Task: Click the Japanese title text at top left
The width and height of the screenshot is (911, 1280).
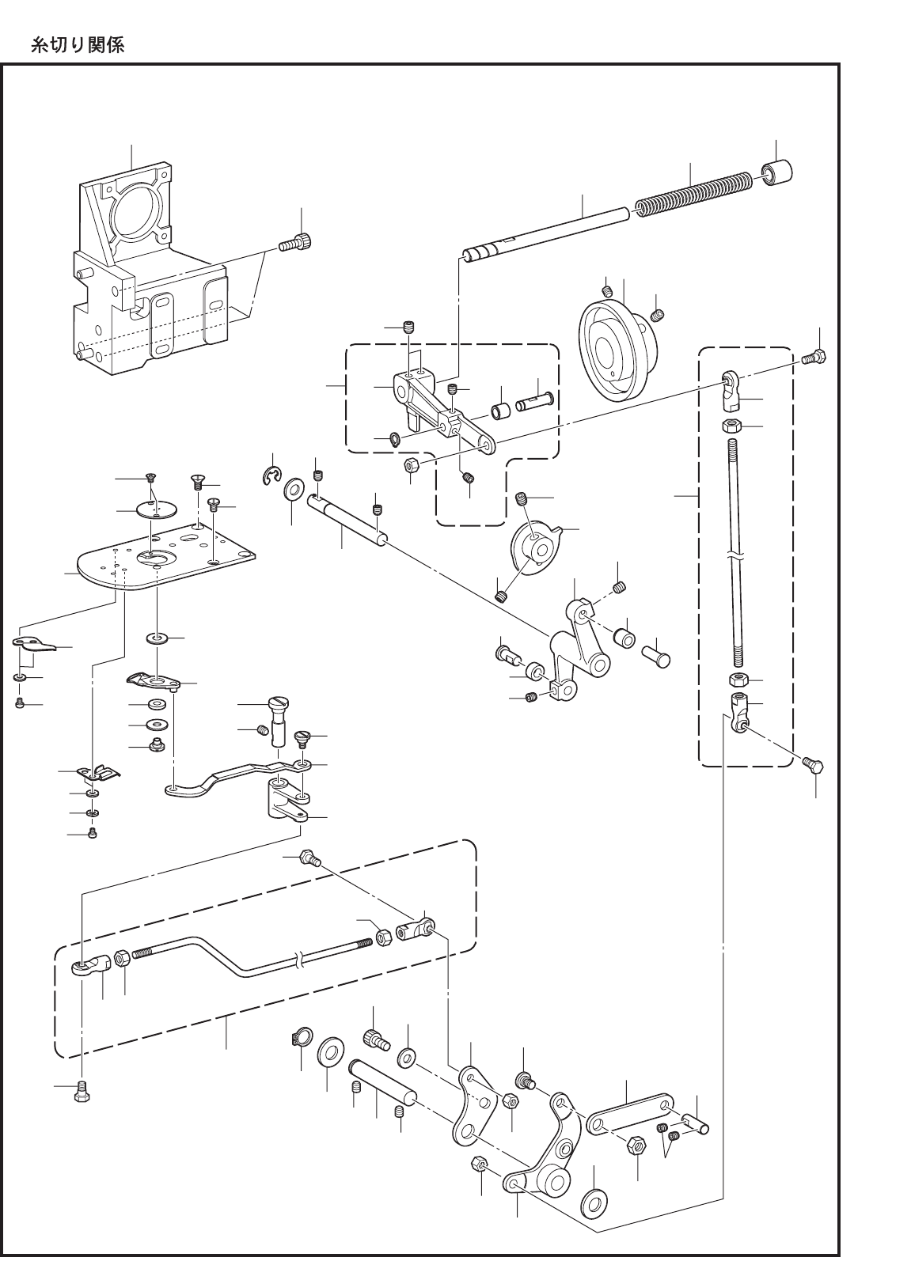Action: pos(77,45)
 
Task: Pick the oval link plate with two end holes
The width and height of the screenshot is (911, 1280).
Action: pos(631,1113)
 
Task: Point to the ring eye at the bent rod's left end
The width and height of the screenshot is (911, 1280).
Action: pos(82,966)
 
